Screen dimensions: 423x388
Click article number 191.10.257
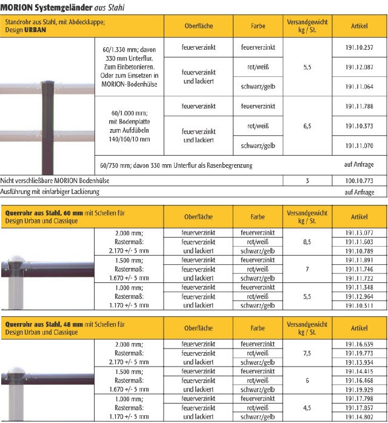(359, 47)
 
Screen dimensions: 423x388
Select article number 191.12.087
(359, 67)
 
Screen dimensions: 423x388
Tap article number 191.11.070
(359, 145)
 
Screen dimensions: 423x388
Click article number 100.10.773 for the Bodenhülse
(359, 181)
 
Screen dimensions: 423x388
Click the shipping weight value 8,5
(307, 241)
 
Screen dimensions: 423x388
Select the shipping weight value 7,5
(307, 353)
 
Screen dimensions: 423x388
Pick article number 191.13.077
(359, 232)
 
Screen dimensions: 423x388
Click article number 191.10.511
(359, 305)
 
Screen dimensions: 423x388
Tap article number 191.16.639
(359, 344)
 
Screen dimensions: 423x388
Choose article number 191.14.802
(359, 417)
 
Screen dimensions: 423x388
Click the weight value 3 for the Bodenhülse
(307, 181)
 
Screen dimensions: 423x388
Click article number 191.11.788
(359, 106)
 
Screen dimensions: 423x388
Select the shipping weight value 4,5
(307, 408)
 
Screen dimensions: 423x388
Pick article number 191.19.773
(359, 353)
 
